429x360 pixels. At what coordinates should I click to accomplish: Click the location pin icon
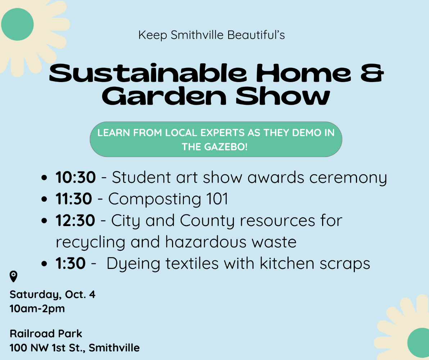coord(13,276)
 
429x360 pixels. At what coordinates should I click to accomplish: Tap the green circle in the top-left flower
coord(17,24)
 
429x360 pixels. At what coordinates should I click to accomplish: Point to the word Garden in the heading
coord(164,96)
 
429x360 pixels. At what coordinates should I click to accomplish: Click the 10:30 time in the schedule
coord(76,177)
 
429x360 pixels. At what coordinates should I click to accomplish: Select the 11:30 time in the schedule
coord(73,199)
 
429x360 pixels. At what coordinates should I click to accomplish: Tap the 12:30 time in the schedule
coord(75,220)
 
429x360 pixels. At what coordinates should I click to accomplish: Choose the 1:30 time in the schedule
coord(70,264)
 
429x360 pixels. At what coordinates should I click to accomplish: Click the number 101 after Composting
coord(217,199)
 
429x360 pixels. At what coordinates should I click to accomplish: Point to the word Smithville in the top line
coord(197,35)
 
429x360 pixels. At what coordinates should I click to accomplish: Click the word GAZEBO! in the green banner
coord(226,147)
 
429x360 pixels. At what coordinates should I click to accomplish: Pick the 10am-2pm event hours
coord(37,309)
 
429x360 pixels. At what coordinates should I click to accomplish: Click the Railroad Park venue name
coord(46,334)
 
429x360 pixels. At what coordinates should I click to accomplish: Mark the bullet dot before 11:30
coord(44,199)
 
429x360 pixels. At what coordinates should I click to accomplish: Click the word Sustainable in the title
coord(148,73)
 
